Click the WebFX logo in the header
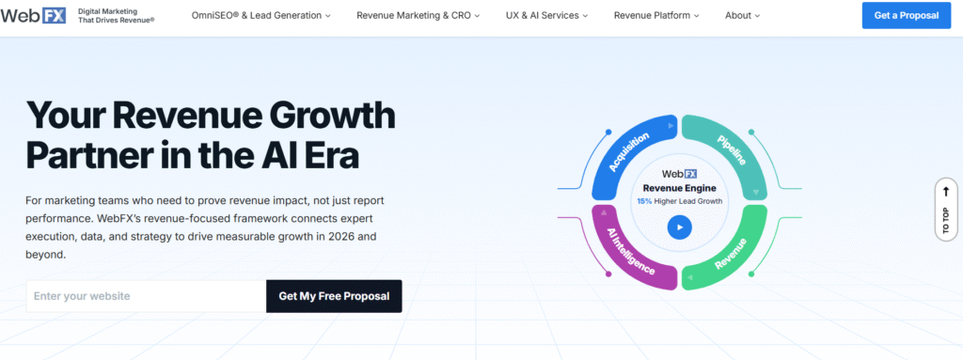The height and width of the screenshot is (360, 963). click(x=34, y=16)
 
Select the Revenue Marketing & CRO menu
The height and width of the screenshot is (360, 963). click(x=418, y=16)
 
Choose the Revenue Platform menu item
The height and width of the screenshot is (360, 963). click(x=658, y=16)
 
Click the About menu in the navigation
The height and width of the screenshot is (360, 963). click(x=742, y=16)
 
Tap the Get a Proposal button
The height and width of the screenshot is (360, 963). click(x=906, y=16)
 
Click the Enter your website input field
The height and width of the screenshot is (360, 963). click(x=146, y=296)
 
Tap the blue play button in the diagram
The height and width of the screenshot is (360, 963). click(x=679, y=227)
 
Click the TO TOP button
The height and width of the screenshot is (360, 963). click(x=945, y=208)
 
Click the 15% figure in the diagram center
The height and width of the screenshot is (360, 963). click(x=644, y=201)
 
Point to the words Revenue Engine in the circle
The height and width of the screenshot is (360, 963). click(x=679, y=188)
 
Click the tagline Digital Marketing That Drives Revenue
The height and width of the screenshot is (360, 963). click(x=116, y=16)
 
